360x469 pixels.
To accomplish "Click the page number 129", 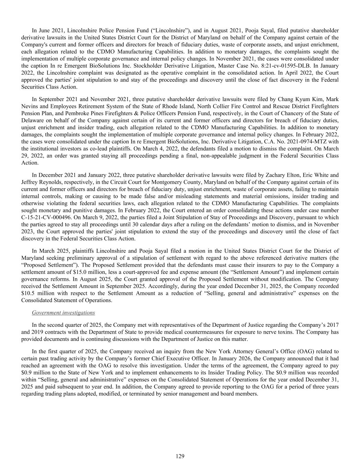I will point(180,456).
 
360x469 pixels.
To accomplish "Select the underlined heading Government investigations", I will point(63,313).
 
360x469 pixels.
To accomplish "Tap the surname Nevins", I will point(29,106).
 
